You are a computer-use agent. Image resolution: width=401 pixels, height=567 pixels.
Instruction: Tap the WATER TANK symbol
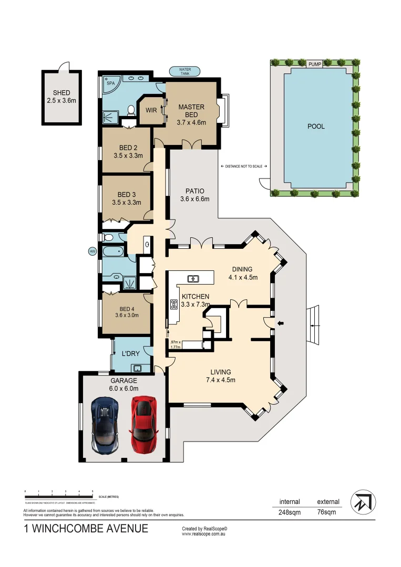tap(184, 71)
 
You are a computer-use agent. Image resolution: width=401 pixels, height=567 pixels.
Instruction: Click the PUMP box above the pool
tap(315, 64)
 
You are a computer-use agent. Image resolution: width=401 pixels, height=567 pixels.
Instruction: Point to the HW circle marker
tap(93, 251)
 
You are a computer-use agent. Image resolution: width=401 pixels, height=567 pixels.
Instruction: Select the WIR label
tap(151, 110)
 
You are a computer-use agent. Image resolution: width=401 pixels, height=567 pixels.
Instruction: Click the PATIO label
tap(194, 191)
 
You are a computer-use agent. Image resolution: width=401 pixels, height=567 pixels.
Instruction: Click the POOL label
tap(316, 127)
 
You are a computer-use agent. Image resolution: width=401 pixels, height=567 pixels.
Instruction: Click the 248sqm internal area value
tap(290, 513)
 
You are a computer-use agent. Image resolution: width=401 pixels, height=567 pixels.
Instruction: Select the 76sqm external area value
tap(328, 513)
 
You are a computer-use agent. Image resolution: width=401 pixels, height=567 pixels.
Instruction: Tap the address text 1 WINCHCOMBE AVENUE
tap(86, 529)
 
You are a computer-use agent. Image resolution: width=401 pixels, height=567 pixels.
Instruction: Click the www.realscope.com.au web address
tap(203, 534)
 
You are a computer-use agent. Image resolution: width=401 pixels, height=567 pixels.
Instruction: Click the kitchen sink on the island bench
tap(193, 278)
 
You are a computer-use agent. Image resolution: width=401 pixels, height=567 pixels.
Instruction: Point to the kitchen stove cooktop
tap(173, 304)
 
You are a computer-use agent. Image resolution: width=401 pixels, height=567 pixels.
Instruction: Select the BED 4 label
tap(127, 309)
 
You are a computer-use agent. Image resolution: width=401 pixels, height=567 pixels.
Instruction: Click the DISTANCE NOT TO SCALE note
tap(243, 166)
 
